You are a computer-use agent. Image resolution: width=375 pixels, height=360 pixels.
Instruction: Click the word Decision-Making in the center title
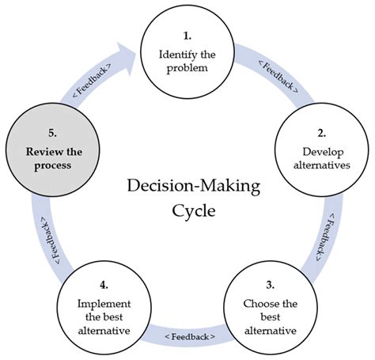(x=184, y=187)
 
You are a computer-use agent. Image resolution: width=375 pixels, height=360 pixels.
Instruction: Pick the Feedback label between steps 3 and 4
(x=189, y=337)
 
